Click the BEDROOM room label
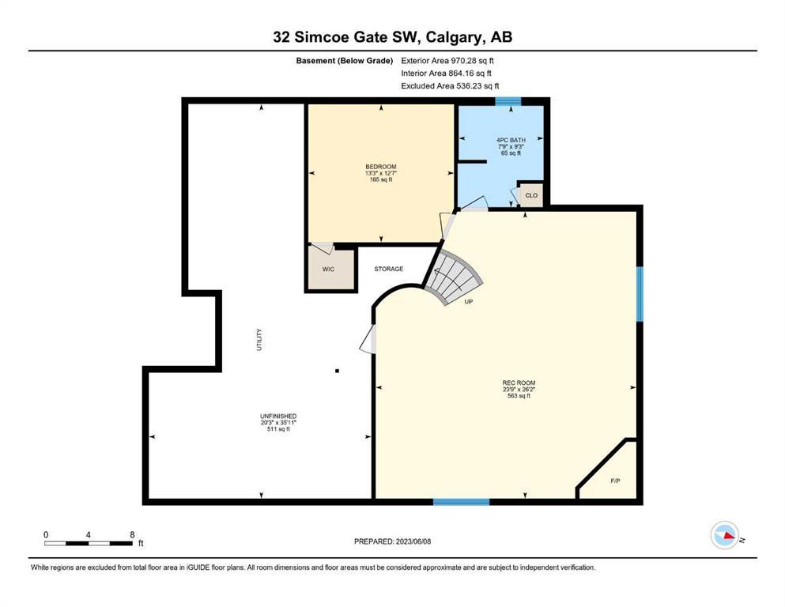[x=380, y=167]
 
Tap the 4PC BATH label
[x=511, y=141]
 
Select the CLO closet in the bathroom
[x=531, y=195]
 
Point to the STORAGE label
[x=388, y=269]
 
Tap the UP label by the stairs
[x=469, y=302]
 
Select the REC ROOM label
[x=519, y=383]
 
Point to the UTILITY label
[x=259, y=339]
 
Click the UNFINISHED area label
[x=278, y=416]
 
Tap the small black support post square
[x=338, y=371]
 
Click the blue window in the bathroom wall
[x=508, y=102]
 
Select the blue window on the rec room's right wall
[x=640, y=294]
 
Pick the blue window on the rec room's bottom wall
[x=461, y=501]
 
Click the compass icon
[x=724, y=535]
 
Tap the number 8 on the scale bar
[x=132, y=534]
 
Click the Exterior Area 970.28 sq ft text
[x=447, y=61]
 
